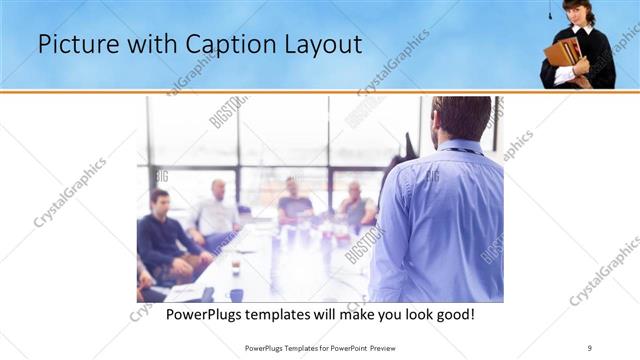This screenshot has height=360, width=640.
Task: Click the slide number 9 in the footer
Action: click(590, 347)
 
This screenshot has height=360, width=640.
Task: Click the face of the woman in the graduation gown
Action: click(577, 14)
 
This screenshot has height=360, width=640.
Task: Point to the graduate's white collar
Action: click(581, 31)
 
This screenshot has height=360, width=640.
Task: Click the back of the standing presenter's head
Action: click(462, 119)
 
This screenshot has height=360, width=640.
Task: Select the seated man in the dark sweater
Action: click(160, 235)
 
